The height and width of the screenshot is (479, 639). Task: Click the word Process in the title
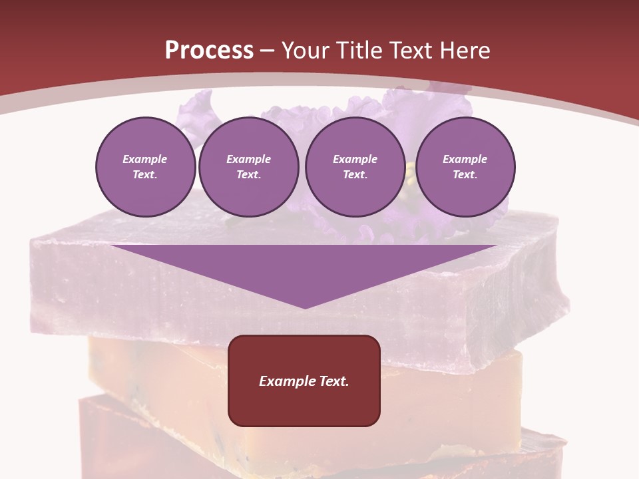click(209, 51)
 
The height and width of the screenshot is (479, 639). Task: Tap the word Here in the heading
click(465, 51)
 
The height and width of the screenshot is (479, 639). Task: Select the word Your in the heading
click(306, 51)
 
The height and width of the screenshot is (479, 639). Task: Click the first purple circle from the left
click(145, 167)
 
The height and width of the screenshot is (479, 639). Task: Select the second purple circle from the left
click(248, 167)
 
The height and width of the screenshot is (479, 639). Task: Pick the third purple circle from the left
click(355, 167)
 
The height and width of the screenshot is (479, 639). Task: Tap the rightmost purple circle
click(465, 167)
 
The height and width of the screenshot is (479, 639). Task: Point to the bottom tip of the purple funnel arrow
click(305, 307)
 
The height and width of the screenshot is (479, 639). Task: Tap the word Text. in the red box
click(333, 381)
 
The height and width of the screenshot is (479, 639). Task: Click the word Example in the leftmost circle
click(145, 159)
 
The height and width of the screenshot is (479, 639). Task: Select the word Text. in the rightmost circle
click(465, 175)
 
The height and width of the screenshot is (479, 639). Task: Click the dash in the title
click(267, 51)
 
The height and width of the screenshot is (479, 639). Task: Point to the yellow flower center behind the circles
click(409, 174)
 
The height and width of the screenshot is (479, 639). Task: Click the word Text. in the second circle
click(248, 175)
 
